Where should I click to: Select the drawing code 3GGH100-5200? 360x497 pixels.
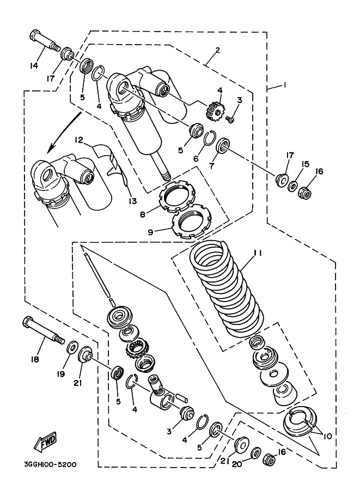coord(50,465)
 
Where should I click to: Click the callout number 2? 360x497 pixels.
coord(217,51)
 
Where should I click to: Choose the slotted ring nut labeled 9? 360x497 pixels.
coord(190,223)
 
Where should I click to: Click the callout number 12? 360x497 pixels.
coord(78,140)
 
